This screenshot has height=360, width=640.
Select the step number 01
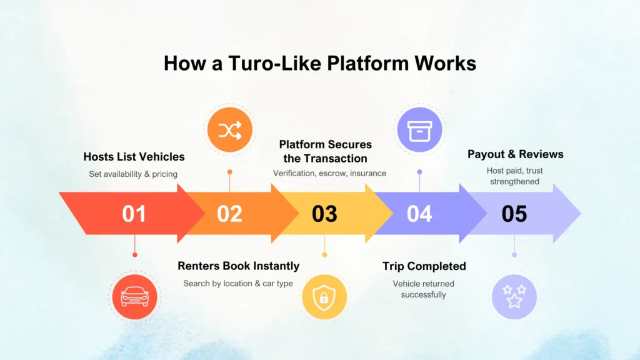point(134,214)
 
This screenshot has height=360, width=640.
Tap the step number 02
point(229,214)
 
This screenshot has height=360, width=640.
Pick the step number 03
point(324,214)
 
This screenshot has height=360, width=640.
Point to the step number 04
point(419,214)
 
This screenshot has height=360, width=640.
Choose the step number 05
point(514,214)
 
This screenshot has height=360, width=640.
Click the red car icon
point(134,296)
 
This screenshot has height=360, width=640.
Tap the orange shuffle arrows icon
point(229,130)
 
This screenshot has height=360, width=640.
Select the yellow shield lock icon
point(324,296)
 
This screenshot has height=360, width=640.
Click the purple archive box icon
point(419,130)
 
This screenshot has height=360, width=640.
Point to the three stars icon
point(514,296)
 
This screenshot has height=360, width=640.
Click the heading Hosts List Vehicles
point(134,157)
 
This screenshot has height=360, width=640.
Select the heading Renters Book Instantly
point(238,266)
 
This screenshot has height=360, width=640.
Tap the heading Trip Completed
point(424,266)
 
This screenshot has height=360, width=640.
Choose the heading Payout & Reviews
point(515,154)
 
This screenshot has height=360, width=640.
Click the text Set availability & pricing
point(133,174)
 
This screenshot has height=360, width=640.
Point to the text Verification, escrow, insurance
point(329,173)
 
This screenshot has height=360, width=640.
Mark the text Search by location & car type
point(238,284)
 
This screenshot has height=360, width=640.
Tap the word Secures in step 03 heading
point(351,145)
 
